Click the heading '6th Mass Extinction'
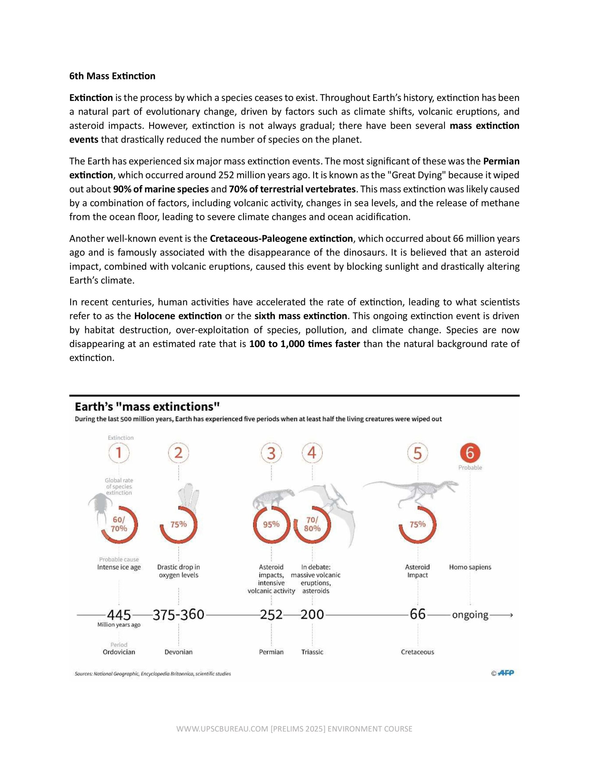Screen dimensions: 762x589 (112, 76)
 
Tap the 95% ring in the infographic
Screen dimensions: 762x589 (271, 524)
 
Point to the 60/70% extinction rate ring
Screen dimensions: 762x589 (119, 524)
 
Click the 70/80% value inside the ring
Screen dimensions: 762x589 (312, 524)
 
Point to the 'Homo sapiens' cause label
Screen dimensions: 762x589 (470, 567)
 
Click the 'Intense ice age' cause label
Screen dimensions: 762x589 (119, 567)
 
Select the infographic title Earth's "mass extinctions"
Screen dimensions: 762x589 (147, 407)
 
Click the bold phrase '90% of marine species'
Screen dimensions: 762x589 (161, 189)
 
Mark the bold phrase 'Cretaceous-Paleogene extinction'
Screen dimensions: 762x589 (281, 239)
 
